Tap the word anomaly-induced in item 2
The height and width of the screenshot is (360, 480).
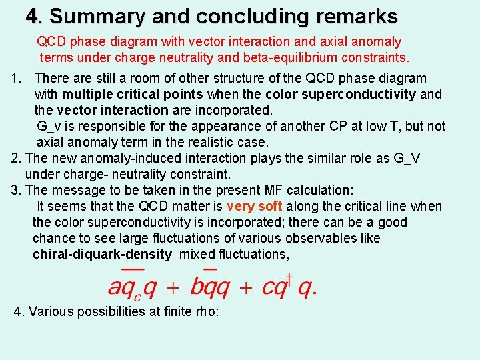[x=120, y=158]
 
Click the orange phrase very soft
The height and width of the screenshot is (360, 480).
[x=254, y=206]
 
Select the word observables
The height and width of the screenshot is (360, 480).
[x=323, y=238]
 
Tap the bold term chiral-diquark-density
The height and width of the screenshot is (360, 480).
[x=102, y=254]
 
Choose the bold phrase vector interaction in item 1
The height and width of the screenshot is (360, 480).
[x=113, y=110]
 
